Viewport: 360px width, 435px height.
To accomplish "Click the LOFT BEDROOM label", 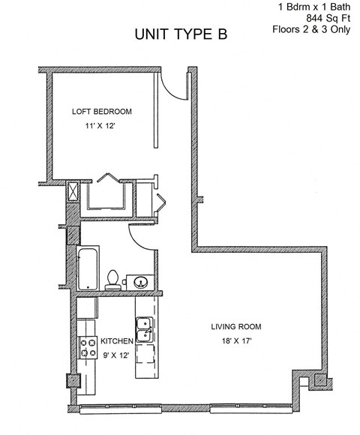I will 102,112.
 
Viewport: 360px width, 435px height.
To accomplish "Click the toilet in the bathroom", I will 112,278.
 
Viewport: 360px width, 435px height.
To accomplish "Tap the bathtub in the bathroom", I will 87,268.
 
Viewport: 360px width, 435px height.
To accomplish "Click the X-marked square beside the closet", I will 73,191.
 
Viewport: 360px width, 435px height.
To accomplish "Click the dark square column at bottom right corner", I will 319,380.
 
